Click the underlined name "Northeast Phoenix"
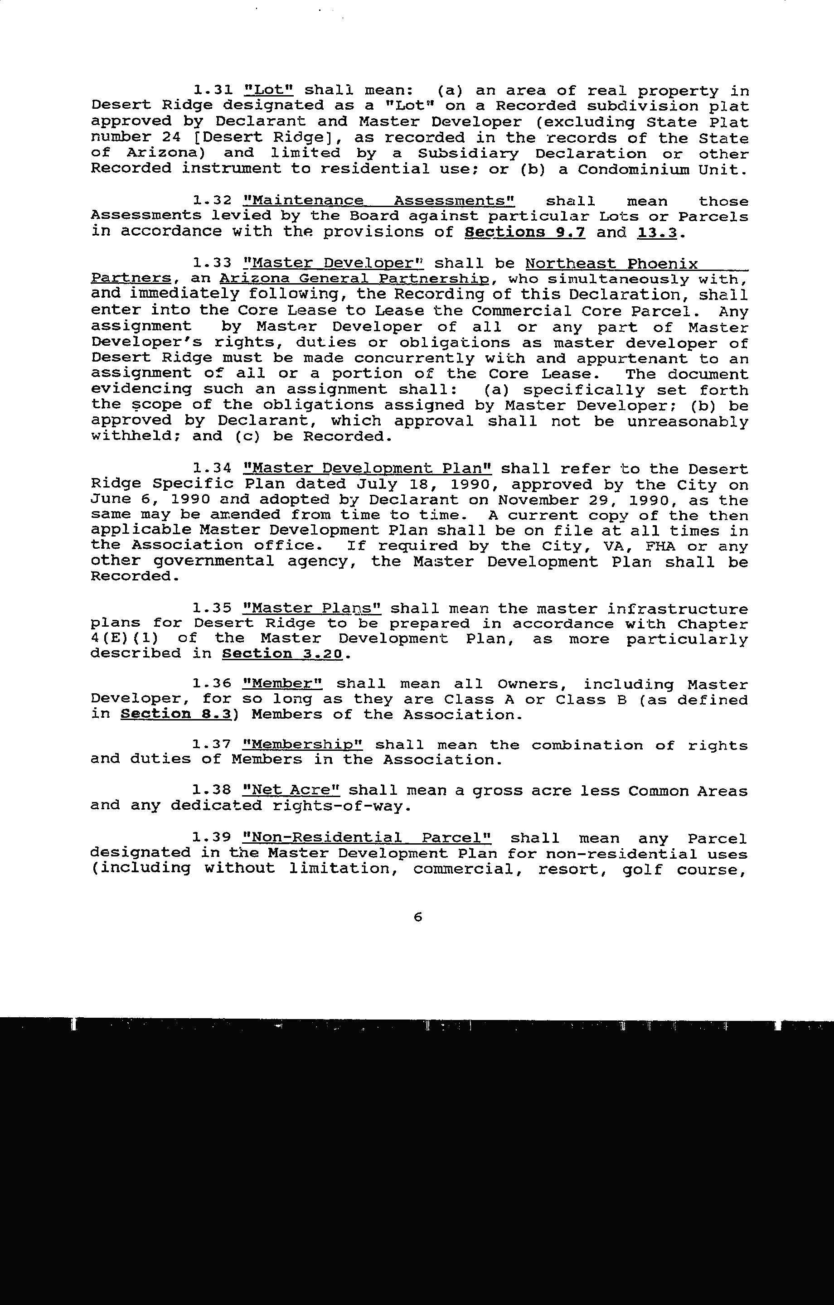tap(611, 264)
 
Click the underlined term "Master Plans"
tap(312, 609)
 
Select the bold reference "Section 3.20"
tap(282, 654)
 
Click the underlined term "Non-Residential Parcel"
tap(367, 839)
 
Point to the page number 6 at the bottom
tap(417, 918)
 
